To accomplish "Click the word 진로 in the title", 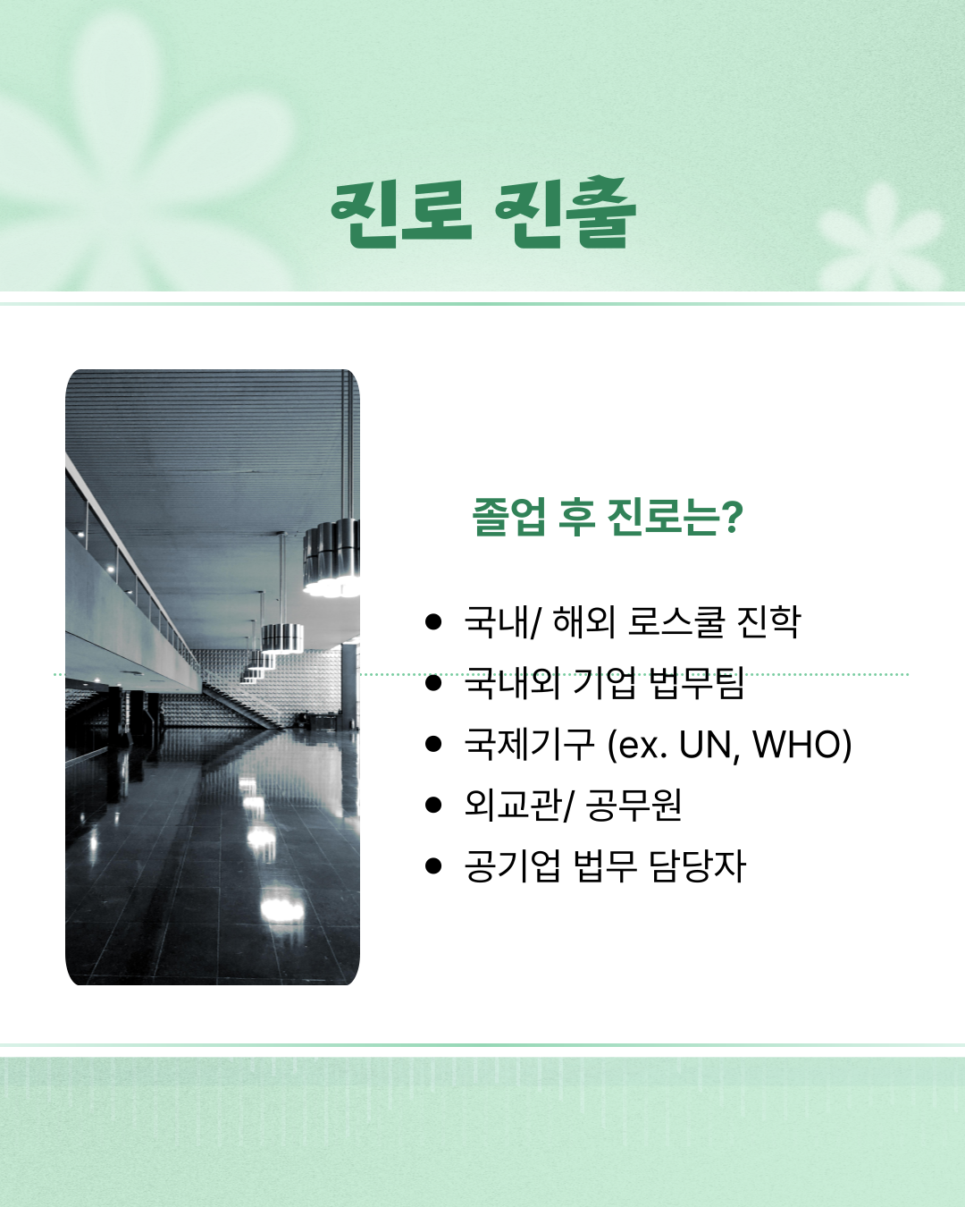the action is pos(401,215).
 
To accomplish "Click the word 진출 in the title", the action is pos(566,213).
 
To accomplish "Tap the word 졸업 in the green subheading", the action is pos(508,517).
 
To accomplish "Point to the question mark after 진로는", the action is pos(732,517).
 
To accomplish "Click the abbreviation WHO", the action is pos(796,745).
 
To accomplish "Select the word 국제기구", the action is pos(529,744).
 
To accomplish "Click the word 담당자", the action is pos(698,866).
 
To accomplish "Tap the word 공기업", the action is pos(513,866).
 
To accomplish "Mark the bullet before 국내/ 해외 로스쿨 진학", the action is pos(433,622).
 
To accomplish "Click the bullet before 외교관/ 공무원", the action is pos(433,806).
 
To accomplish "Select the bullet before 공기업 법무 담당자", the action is pos(433,866).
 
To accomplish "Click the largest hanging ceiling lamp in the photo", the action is pos(332,557).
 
